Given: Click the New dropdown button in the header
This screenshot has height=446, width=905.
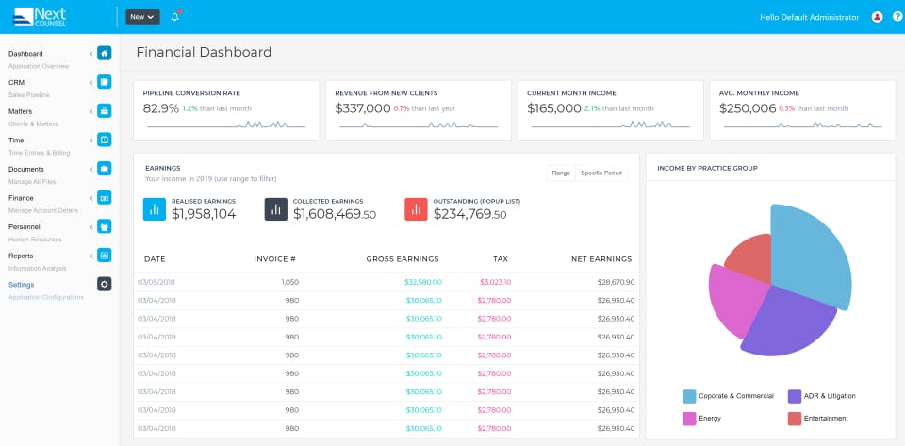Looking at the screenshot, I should (x=142, y=17).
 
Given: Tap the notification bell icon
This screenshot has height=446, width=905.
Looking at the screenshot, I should (x=174, y=17).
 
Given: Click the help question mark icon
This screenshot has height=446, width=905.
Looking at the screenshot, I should (x=897, y=17).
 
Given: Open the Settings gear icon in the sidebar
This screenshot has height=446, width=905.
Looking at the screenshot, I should (x=105, y=284).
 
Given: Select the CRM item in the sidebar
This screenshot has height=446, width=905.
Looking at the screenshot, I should (x=17, y=83).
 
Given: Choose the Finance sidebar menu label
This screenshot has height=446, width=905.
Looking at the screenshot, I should (x=21, y=198).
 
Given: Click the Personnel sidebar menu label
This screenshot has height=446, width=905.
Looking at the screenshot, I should (x=25, y=226).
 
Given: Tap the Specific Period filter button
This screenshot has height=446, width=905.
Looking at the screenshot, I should (x=601, y=173).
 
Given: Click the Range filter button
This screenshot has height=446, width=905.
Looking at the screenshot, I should (x=561, y=173).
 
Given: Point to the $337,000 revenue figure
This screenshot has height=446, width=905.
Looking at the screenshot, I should (x=363, y=108).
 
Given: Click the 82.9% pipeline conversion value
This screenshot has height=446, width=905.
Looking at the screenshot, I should (x=161, y=108).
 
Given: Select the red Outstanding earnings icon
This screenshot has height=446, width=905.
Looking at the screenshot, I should (x=416, y=208).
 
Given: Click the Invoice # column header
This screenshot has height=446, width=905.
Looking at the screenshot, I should (x=275, y=258).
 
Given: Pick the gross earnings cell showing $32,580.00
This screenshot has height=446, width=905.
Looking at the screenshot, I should (x=422, y=282).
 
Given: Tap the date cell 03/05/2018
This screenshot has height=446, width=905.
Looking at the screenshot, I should (x=156, y=282).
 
